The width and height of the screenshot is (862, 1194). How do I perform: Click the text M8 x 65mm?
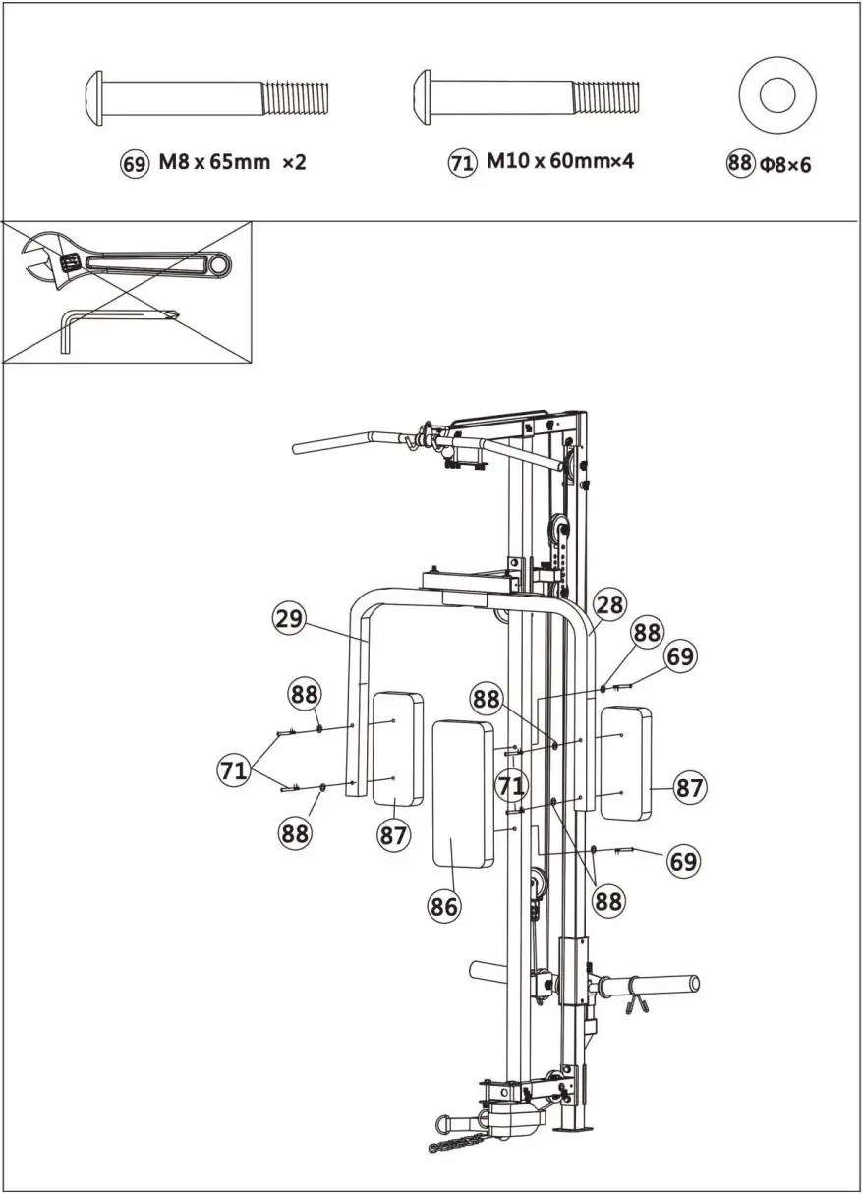coord(213,163)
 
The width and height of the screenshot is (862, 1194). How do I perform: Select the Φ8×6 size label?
coord(785,164)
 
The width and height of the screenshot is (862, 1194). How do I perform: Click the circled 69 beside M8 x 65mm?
coord(134,163)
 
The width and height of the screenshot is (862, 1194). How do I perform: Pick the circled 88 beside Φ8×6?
coord(740,164)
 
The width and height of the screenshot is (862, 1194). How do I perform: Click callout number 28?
coord(609,604)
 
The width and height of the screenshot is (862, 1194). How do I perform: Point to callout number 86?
coord(443,906)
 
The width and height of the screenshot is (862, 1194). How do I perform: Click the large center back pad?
coord(462,793)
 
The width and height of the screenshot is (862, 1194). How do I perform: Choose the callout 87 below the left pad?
coord(393,835)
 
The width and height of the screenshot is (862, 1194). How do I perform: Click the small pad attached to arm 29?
coord(397,749)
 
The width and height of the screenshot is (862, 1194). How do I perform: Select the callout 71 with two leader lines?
coord(233,770)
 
